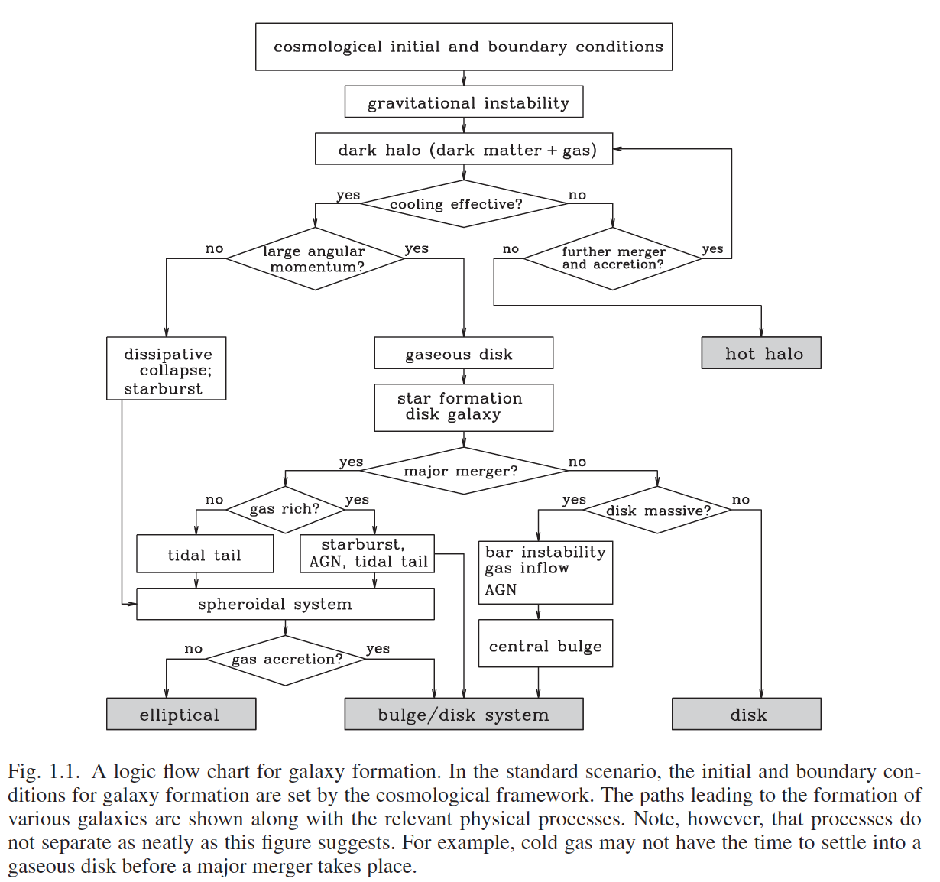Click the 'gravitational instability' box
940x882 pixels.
click(464, 102)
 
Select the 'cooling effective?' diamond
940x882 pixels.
click(464, 203)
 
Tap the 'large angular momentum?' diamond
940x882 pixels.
click(315, 258)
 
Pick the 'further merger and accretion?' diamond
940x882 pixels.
click(612, 258)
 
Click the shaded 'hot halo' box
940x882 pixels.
click(761, 352)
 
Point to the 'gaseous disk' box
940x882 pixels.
click(464, 352)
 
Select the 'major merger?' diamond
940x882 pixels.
click(464, 471)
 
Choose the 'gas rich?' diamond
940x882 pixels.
click(285, 510)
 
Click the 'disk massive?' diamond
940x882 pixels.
click(657, 510)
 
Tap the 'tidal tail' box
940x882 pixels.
click(205, 553)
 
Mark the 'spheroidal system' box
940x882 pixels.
click(285, 604)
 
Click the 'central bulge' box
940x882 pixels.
click(546, 643)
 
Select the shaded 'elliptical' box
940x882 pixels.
click(181, 713)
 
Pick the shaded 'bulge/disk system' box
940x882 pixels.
click(464, 713)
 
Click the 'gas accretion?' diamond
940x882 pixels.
click(285, 660)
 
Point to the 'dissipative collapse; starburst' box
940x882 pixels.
click(166, 368)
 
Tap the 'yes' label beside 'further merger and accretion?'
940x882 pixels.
click(712, 249)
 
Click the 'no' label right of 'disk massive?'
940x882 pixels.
click(741, 500)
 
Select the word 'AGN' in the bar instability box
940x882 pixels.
click(501, 589)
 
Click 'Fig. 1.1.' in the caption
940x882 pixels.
click(42, 771)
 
